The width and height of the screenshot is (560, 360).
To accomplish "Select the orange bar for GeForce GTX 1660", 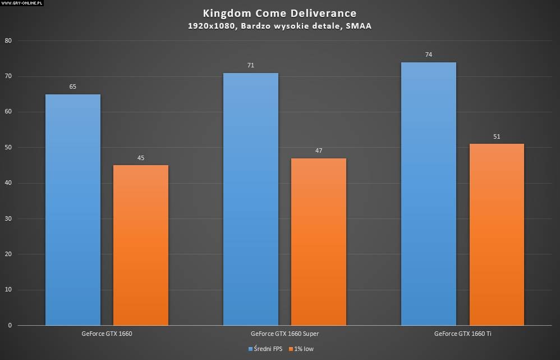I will click(x=141, y=245).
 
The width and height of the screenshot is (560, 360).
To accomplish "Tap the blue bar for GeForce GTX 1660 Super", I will click(x=251, y=199).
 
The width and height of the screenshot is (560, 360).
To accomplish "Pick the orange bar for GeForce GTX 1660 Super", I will click(x=319, y=241).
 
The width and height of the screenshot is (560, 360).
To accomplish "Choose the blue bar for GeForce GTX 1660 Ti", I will click(x=429, y=194).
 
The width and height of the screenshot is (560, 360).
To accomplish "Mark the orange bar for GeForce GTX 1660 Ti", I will click(x=497, y=234).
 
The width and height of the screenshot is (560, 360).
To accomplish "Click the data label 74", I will click(x=429, y=54).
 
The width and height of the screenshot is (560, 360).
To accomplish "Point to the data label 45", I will click(x=141, y=158).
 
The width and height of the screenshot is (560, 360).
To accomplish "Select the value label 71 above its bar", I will click(x=251, y=66).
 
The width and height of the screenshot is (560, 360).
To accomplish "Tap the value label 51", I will click(x=497, y=136).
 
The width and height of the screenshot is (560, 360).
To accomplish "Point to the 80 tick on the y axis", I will click(x=8, y=41).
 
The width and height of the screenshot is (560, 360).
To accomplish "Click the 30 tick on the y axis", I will click(x=8, y=219).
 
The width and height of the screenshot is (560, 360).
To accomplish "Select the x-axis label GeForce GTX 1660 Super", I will click(x=284, y=334).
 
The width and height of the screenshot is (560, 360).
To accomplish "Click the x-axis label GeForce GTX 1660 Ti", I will click(x=462, y=334).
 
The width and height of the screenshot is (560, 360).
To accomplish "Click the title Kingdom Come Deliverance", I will click(x=279, y=13).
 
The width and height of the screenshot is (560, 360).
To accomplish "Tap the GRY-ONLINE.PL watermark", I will click(x=22, y=3).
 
